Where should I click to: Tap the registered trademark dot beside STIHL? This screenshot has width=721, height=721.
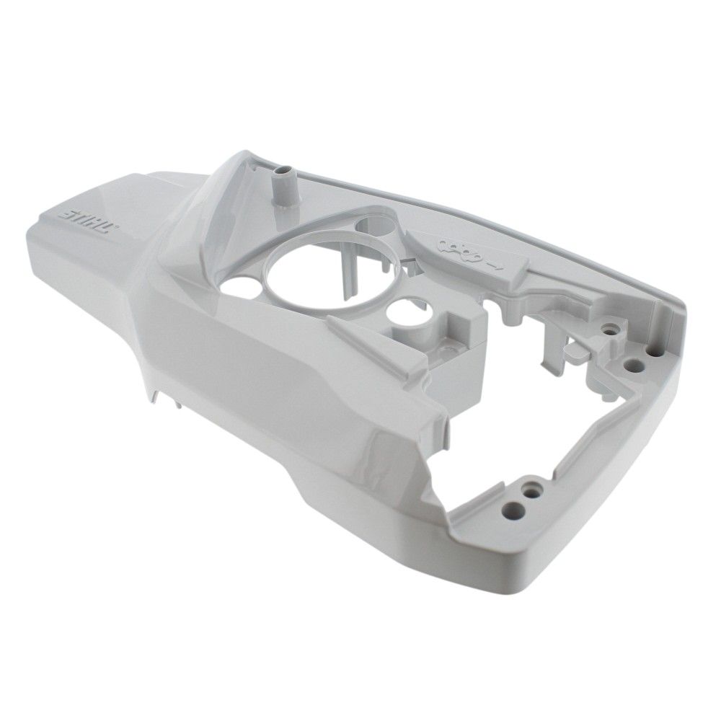click(116, 226)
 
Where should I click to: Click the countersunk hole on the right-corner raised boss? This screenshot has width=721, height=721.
click(611, 329)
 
